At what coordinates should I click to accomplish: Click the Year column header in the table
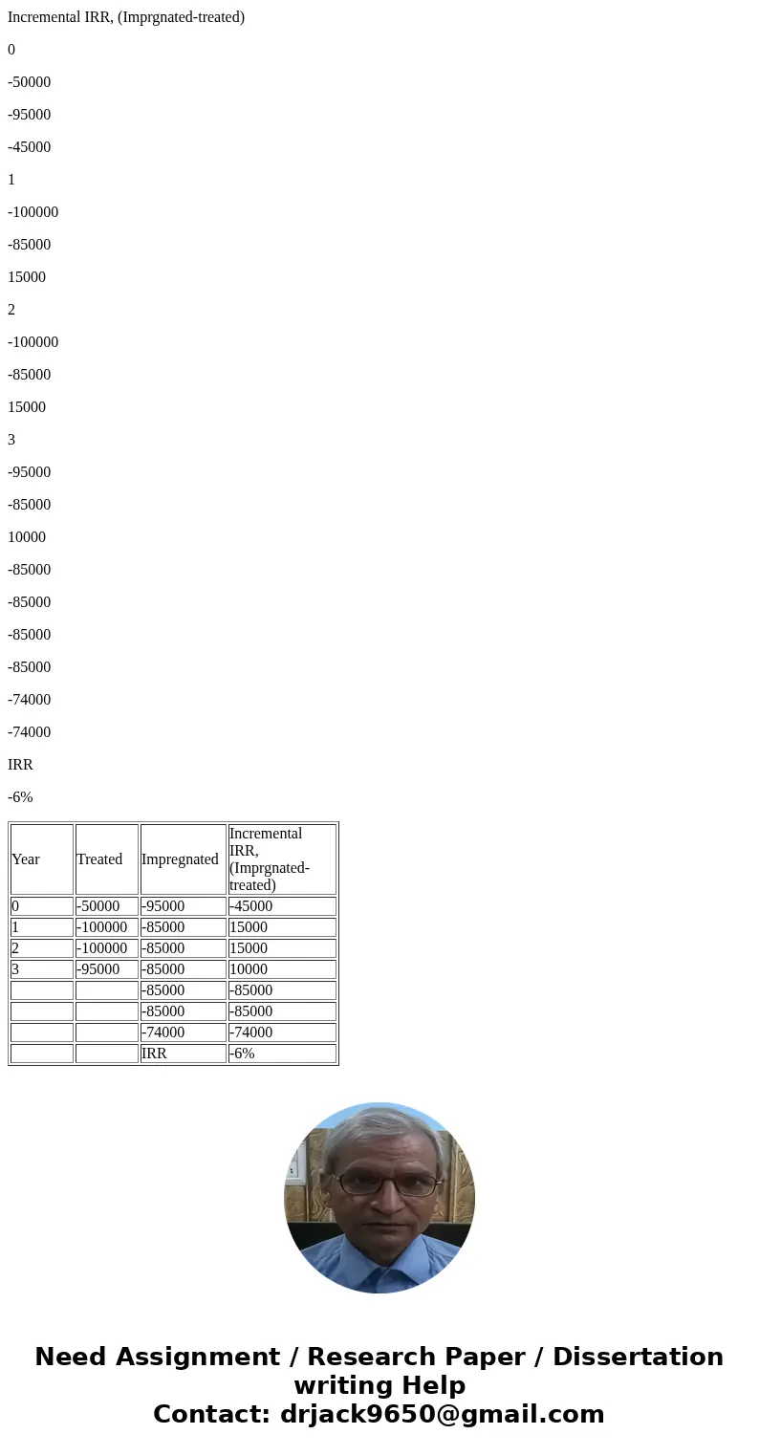[26, 859]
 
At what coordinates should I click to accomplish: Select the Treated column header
[99, 859]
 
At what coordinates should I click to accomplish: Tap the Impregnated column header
[180, 859]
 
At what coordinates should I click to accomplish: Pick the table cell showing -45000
[251, 906]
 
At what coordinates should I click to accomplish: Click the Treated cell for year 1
[101, 927]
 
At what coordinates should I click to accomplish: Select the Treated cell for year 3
[98, 969]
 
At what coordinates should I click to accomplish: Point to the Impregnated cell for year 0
[163, 906]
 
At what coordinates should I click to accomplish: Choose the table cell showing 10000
[249, 969]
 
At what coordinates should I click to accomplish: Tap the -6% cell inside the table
[242, 1054]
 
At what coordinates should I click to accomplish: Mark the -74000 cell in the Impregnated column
[163, 1032]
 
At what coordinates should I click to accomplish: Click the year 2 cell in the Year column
[15, 948]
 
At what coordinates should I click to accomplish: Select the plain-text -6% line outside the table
[20, 797]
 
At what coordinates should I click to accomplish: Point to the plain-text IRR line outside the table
[20, 765]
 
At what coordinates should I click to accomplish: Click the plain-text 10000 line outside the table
[27, 537]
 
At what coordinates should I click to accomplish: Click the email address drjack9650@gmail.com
[442, 1415]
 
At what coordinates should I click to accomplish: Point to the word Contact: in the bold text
[211, 1415]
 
